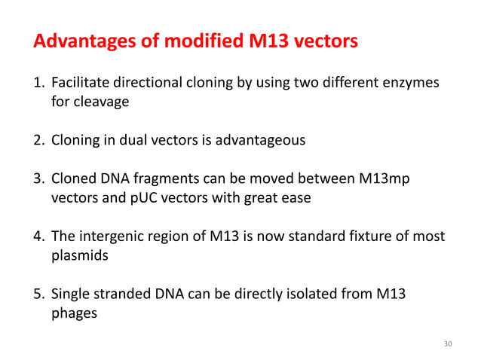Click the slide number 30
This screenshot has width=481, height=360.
pos(448,344)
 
